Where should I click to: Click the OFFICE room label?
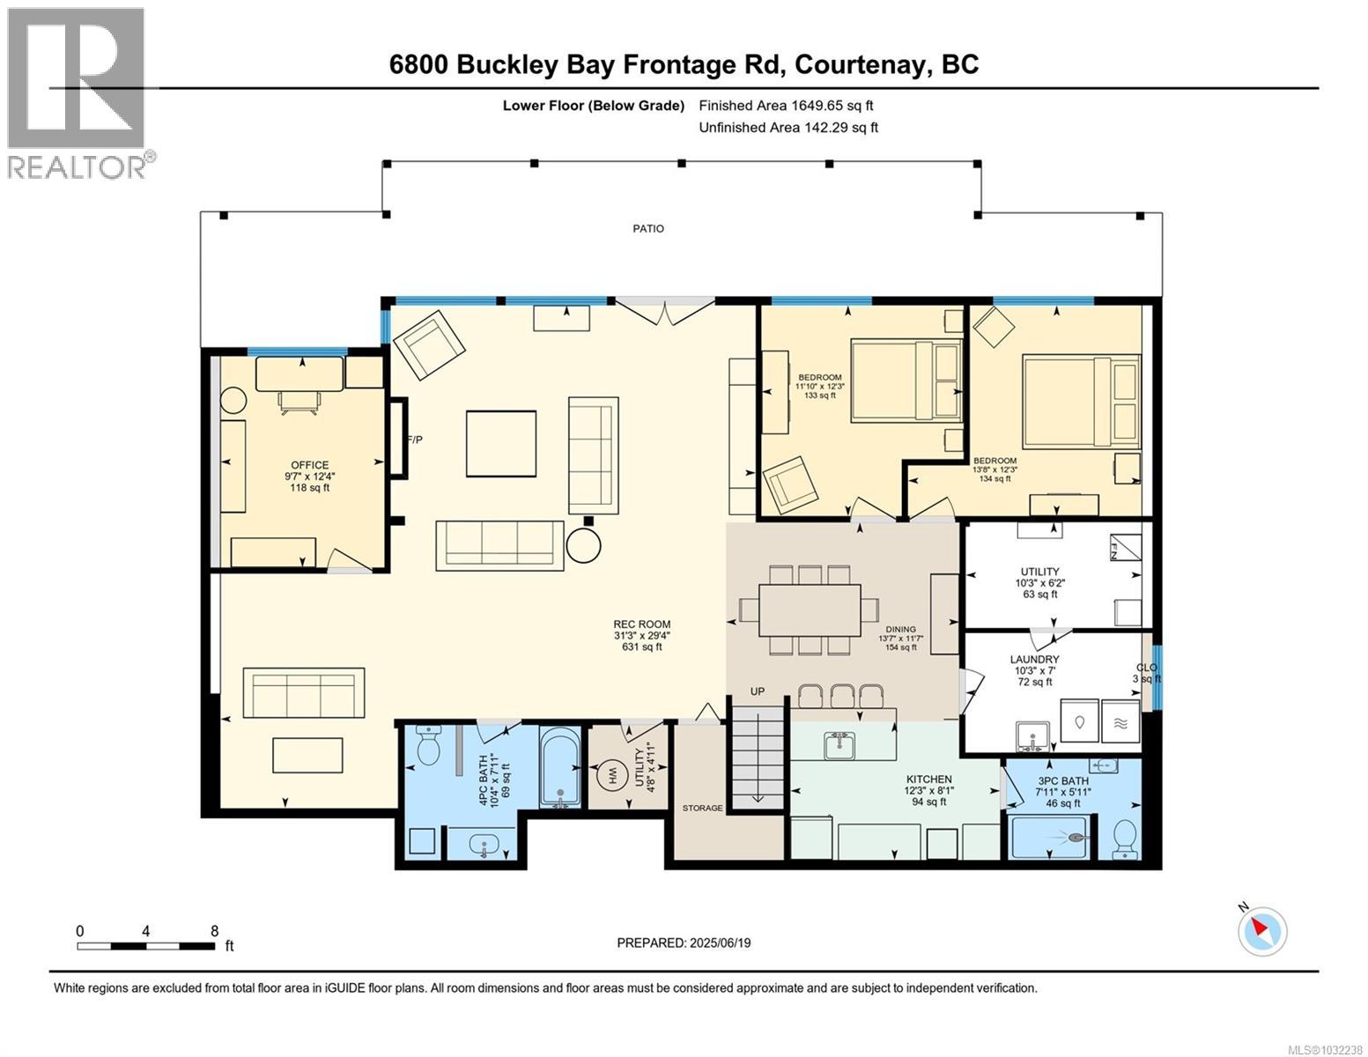[x=309, y=465]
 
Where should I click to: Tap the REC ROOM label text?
[x=641, y=624]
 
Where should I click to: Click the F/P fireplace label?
[x=414, y=440]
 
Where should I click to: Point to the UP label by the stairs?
[x=758, y=691]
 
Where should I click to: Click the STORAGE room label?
[x=702, y=808]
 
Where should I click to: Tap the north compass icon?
[x=1262, y=930]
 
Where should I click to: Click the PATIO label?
[x=648, y=229]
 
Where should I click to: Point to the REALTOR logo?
[x=78, y=92]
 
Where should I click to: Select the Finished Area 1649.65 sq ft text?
[x=786, y=106]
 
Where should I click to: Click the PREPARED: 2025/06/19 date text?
[x=684, y=942]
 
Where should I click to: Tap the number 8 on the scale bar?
[x=214, y=931]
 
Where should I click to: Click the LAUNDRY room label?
[x=1034, y=659]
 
